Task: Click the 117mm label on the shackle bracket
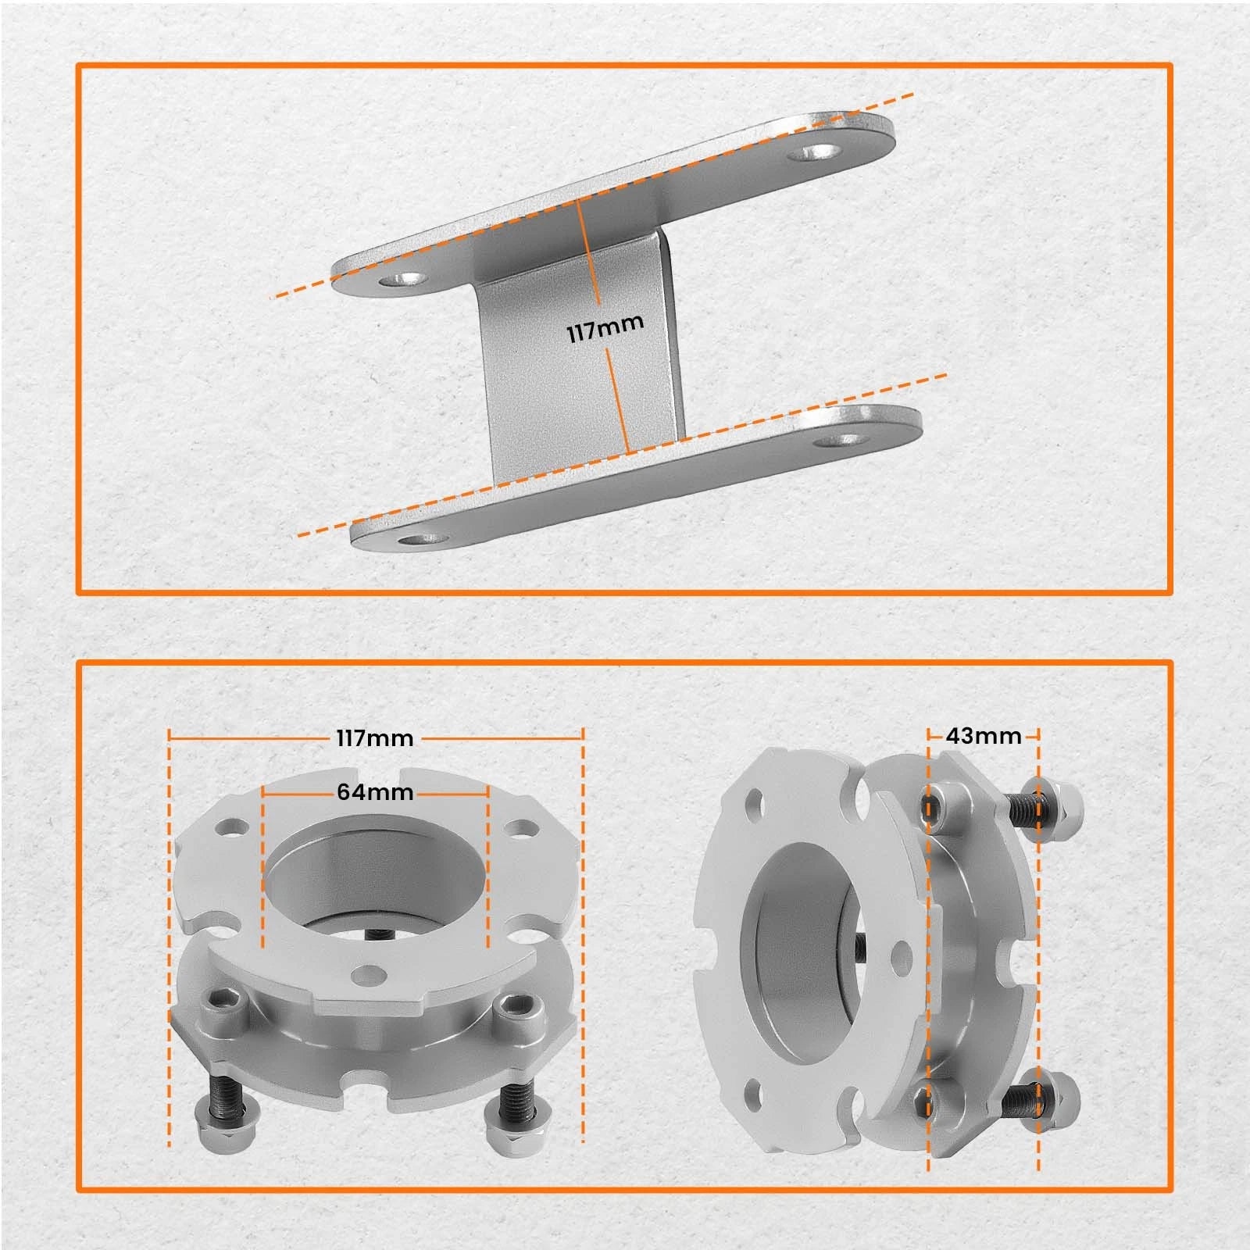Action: pos(605,328)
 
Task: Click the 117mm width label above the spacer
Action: pos(375,737)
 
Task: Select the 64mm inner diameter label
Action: pos(375,791)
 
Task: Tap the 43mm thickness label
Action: pos(984,736)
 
